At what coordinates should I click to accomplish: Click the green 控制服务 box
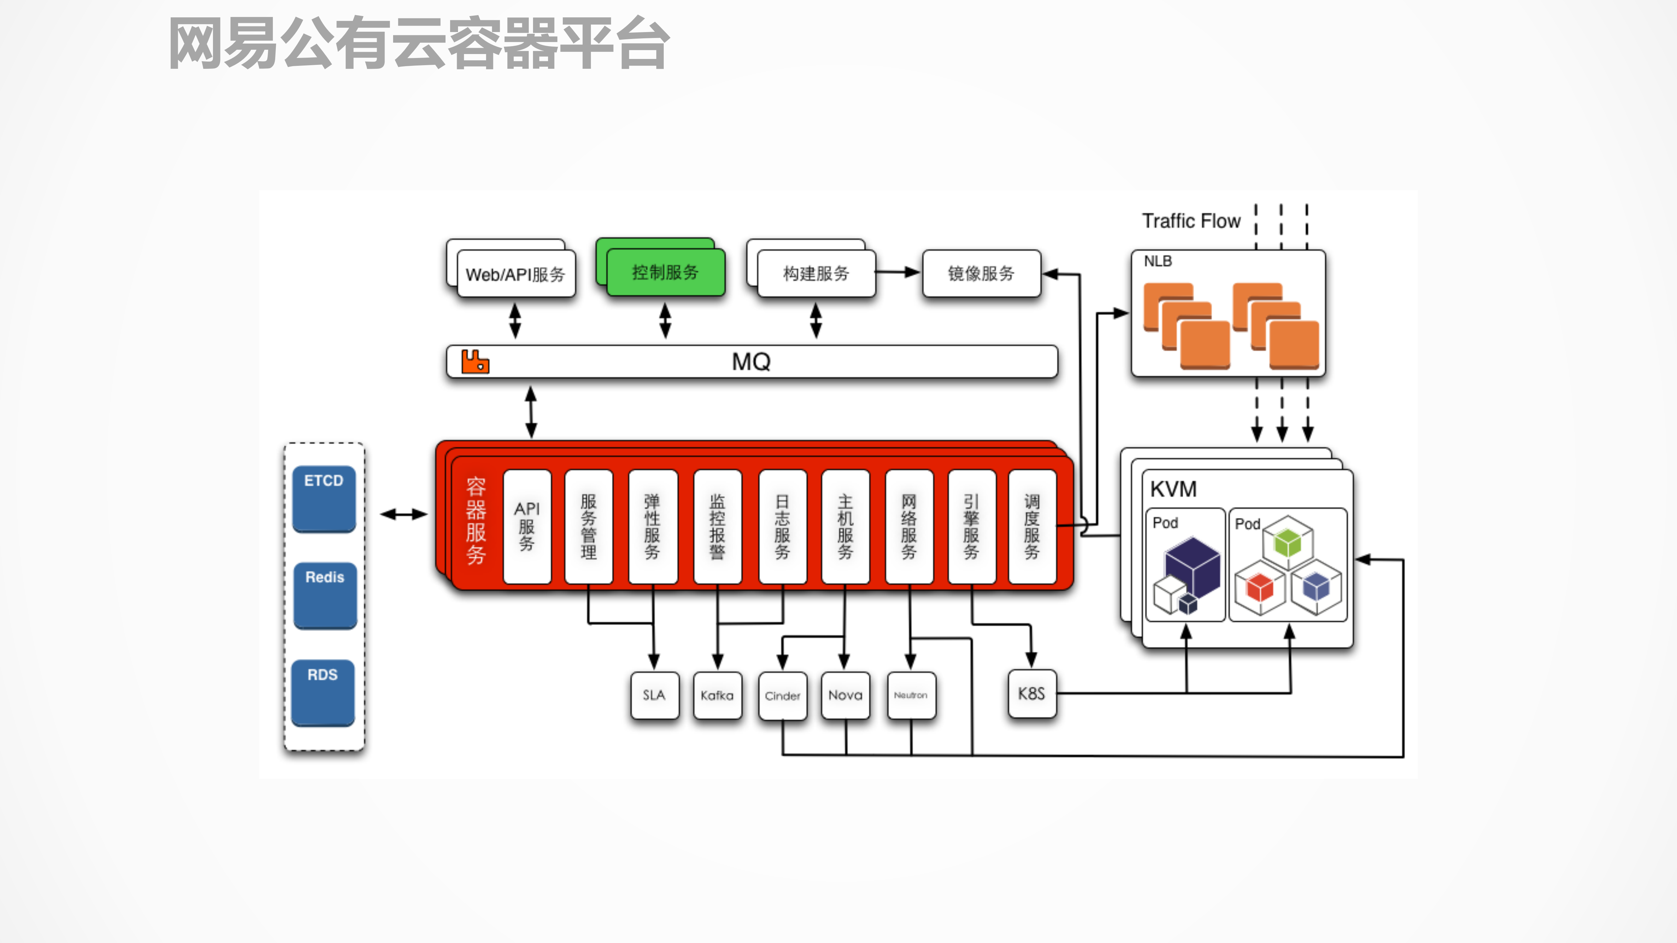point(665,272)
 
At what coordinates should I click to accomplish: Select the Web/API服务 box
point(516,274)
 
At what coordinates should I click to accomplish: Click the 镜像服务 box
point(981,273)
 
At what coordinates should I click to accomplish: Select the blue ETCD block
point(324,498)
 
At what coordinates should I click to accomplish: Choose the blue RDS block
point(323,692)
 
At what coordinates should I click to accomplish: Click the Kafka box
point(717,695)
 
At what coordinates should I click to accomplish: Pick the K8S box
point(1031,694)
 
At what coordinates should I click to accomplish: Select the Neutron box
point(910,695)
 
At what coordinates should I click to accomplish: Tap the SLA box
point(654,695)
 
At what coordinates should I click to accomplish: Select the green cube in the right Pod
point(1287,541)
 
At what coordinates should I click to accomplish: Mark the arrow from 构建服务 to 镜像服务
point(898,273)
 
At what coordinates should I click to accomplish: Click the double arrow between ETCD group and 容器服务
point(404,514)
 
